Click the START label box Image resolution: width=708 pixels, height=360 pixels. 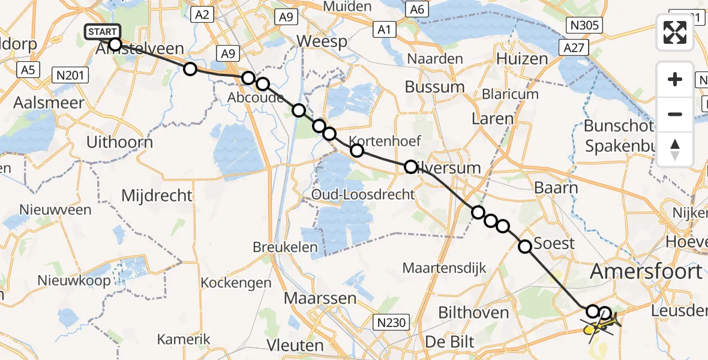tap(103, 32)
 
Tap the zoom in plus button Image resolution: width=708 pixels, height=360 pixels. tap(675, 79)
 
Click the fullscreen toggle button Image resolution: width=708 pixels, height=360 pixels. tap(675, 32)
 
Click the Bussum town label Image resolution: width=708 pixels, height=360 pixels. tap(434, 86)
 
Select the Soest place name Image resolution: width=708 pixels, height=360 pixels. tap(554, 244)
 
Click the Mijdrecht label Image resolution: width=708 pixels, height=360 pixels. tap(157, 196)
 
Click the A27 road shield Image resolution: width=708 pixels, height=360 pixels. tap(574, 47)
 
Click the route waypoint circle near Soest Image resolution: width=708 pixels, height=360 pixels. tap(525, 246)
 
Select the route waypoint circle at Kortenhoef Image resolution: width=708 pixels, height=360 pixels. tap(357, 151)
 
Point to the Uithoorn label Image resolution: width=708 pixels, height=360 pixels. tap(120, 142)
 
